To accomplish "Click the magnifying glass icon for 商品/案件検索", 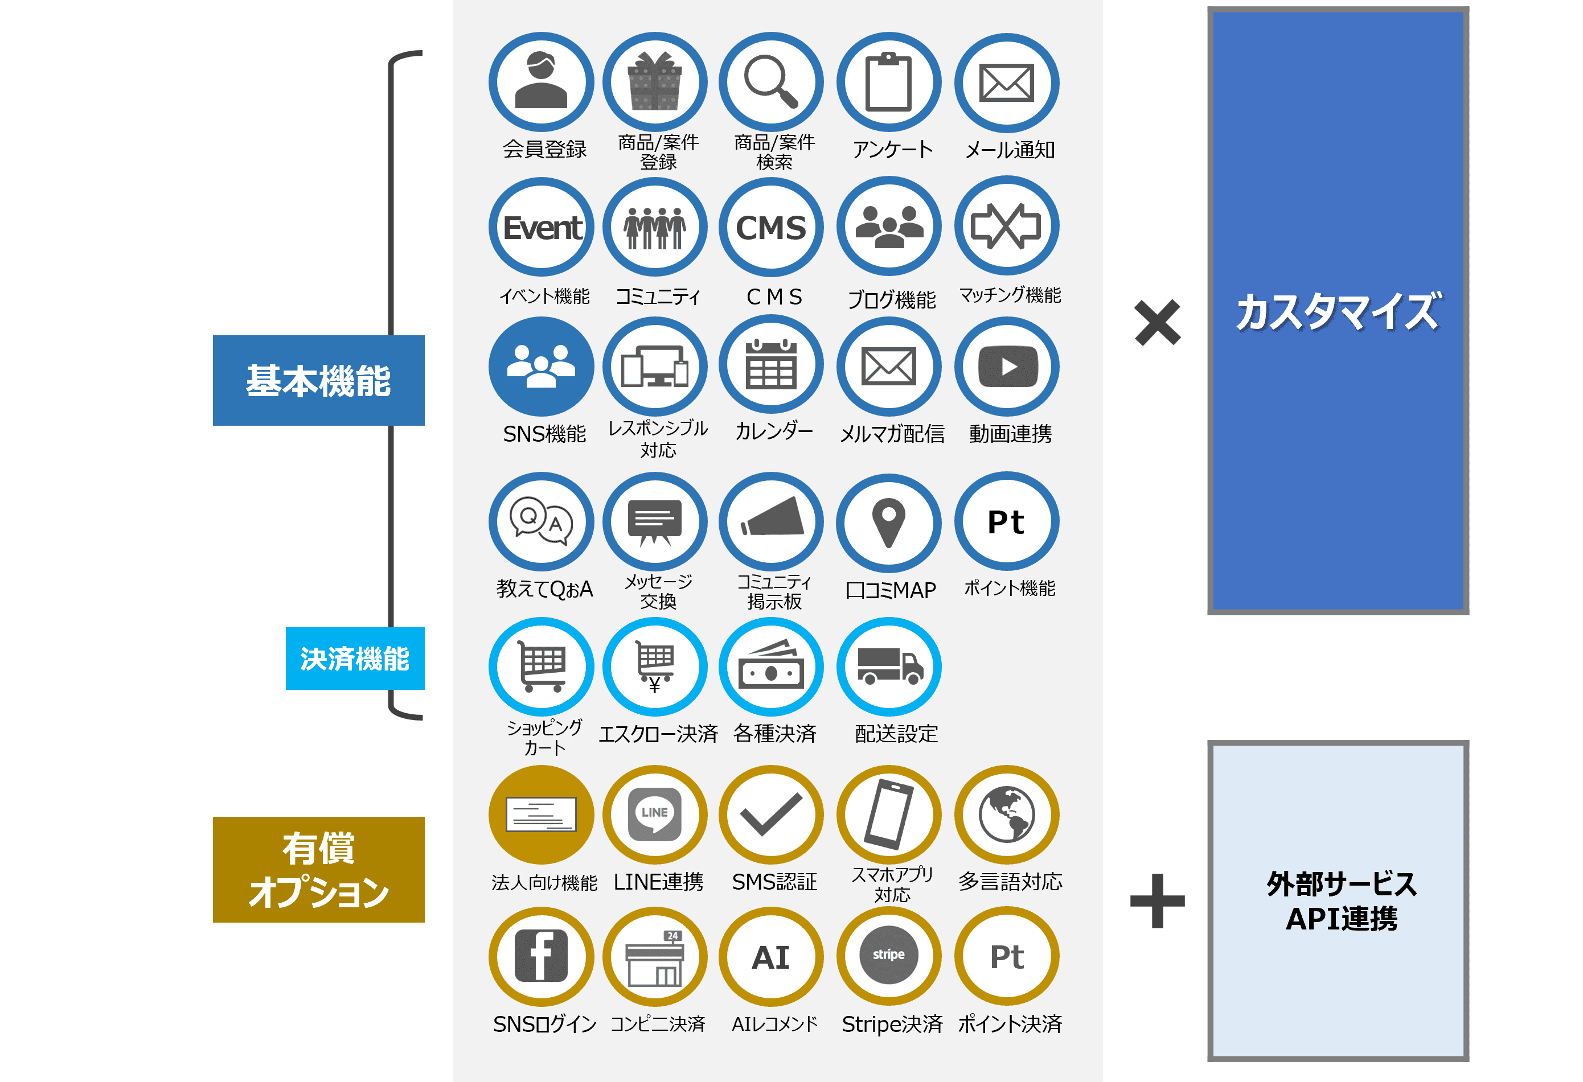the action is pos(771,82).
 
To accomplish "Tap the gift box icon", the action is pos(655,82).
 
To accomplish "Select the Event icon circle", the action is pos(542,227).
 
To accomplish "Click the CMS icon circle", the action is pos(771,227).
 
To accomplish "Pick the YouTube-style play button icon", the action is pos(1007,367).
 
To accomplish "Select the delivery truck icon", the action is pos(889,665).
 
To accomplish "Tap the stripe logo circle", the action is pos(889,955).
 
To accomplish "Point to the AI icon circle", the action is pos(771,957).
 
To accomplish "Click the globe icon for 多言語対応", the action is pos(1007,814).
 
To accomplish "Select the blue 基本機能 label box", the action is pos(318,380).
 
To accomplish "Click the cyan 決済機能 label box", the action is pos(355,659).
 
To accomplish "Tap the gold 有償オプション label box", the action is pos(318,870).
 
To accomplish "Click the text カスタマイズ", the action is pos(1337,311).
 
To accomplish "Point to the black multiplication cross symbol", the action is pos(1157,322).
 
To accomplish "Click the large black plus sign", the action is pos(1157,901).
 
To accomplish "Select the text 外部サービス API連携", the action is pos(1341,901).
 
